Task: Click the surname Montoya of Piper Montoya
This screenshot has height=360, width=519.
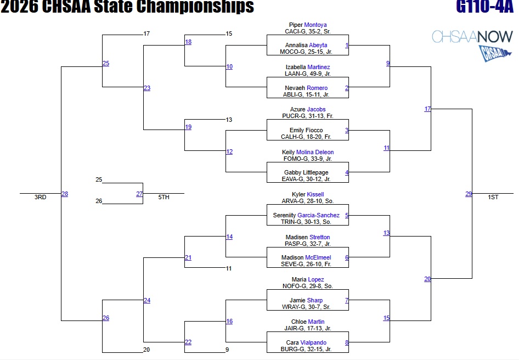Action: coord(315,25)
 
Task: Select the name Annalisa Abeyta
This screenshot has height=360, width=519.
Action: coord(306,46)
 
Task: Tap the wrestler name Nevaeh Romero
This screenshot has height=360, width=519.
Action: coord(306,88)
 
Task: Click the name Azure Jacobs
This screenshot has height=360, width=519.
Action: coord(308,110)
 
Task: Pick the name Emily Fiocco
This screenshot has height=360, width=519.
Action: coord(307,131)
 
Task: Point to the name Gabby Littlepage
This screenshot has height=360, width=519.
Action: coord(307,173)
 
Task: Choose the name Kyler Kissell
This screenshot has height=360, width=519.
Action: coord(307,194)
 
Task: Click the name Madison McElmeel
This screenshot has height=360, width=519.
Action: coord(306,258)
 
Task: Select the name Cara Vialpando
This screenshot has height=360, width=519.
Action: coord(307,343)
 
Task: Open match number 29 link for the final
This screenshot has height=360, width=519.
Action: coord(469,194)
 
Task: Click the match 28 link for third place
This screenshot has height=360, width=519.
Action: coord(65,194)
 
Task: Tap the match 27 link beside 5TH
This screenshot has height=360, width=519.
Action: coord(139,194)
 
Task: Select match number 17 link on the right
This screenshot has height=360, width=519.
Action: coord(427,109)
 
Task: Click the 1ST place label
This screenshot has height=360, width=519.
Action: coord(493,198)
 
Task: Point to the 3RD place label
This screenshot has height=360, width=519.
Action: coord(41,198)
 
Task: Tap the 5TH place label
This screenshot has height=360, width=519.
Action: coord(163,198)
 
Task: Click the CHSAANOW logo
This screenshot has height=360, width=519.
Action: coord(472,44)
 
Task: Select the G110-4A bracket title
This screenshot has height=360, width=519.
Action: coord(484,7)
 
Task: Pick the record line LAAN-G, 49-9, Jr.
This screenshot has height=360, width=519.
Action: coord(307,74)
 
